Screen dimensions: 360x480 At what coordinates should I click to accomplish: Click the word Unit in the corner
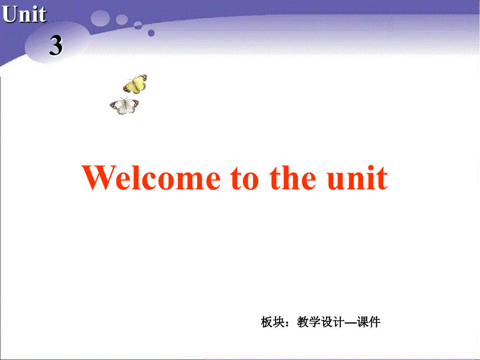click(24, 15)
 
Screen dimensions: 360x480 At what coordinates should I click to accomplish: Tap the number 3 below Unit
click(56, 46)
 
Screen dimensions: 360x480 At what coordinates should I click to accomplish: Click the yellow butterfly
click(135, 83)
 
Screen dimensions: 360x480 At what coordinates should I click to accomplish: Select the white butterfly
click(124, 106)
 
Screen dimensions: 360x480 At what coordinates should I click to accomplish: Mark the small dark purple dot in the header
click(151, 33)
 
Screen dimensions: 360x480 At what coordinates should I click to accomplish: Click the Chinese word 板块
click(272, 322)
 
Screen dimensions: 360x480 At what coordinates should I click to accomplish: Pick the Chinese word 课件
click(368, 322)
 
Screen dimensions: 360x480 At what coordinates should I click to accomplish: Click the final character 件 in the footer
click(375, 322)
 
